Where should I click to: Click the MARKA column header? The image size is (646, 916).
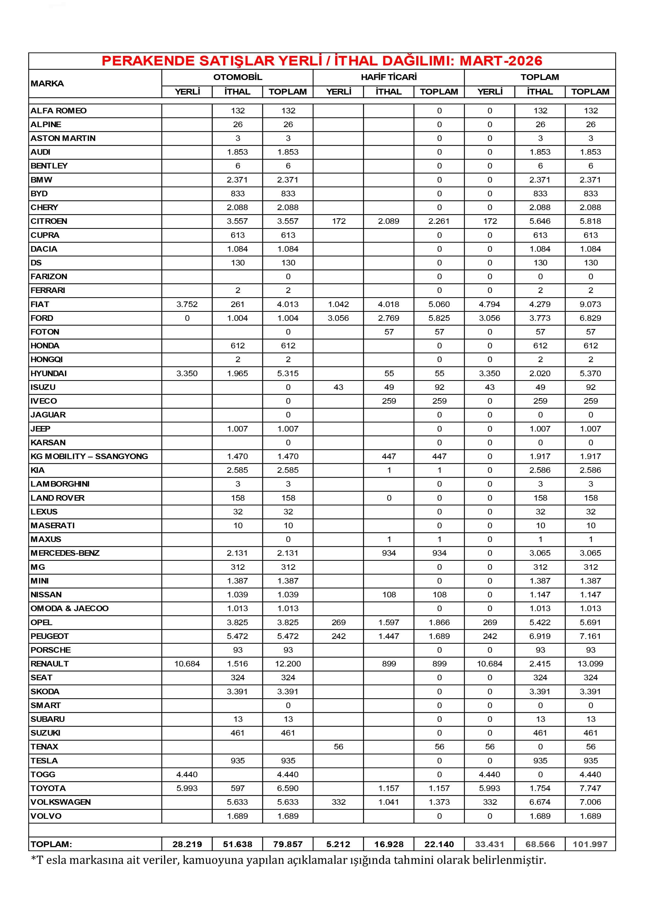pos(47,83)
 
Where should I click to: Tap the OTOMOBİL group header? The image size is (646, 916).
pos(237,77)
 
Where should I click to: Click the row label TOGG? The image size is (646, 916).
pos(43,774)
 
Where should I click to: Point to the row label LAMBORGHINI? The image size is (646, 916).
pos(60,484)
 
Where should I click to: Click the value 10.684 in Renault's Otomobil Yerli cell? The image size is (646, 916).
pos(187,664)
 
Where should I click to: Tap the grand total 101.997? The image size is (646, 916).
pos(590,844)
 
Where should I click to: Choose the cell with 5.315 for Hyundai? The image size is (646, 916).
pos(288,373)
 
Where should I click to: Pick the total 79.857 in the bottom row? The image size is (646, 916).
pos(288,844)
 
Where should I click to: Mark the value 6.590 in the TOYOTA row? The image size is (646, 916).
pos(288,788)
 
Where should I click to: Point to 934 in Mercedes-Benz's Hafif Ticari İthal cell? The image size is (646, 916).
pos(389,553)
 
